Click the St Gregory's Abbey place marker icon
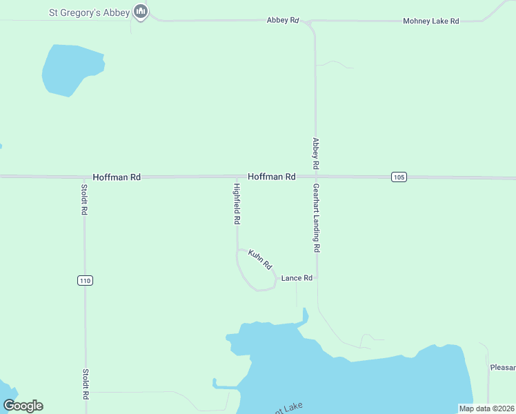tap(141, 12)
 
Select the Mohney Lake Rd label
tap(430, 21)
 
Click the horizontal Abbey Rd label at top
tap(282, 21)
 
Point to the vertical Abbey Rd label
tap(315, 154)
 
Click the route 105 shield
tap(398, 177)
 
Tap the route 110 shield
tap(85, 280)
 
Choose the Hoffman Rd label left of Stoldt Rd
tap(117, 177)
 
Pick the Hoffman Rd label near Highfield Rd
tap(272, 177)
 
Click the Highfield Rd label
tap(237, 204)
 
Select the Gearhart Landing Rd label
tap(317, 217)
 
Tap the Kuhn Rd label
tap(261, 259)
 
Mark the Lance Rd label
tap(297, 278)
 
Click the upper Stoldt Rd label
tap(84, 199)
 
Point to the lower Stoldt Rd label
tap(86, 384)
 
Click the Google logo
tap(23, 406)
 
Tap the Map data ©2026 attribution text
tap(486, 408)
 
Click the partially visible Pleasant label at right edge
tap(502, 368)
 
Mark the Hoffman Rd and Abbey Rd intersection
tap(316, 177)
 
